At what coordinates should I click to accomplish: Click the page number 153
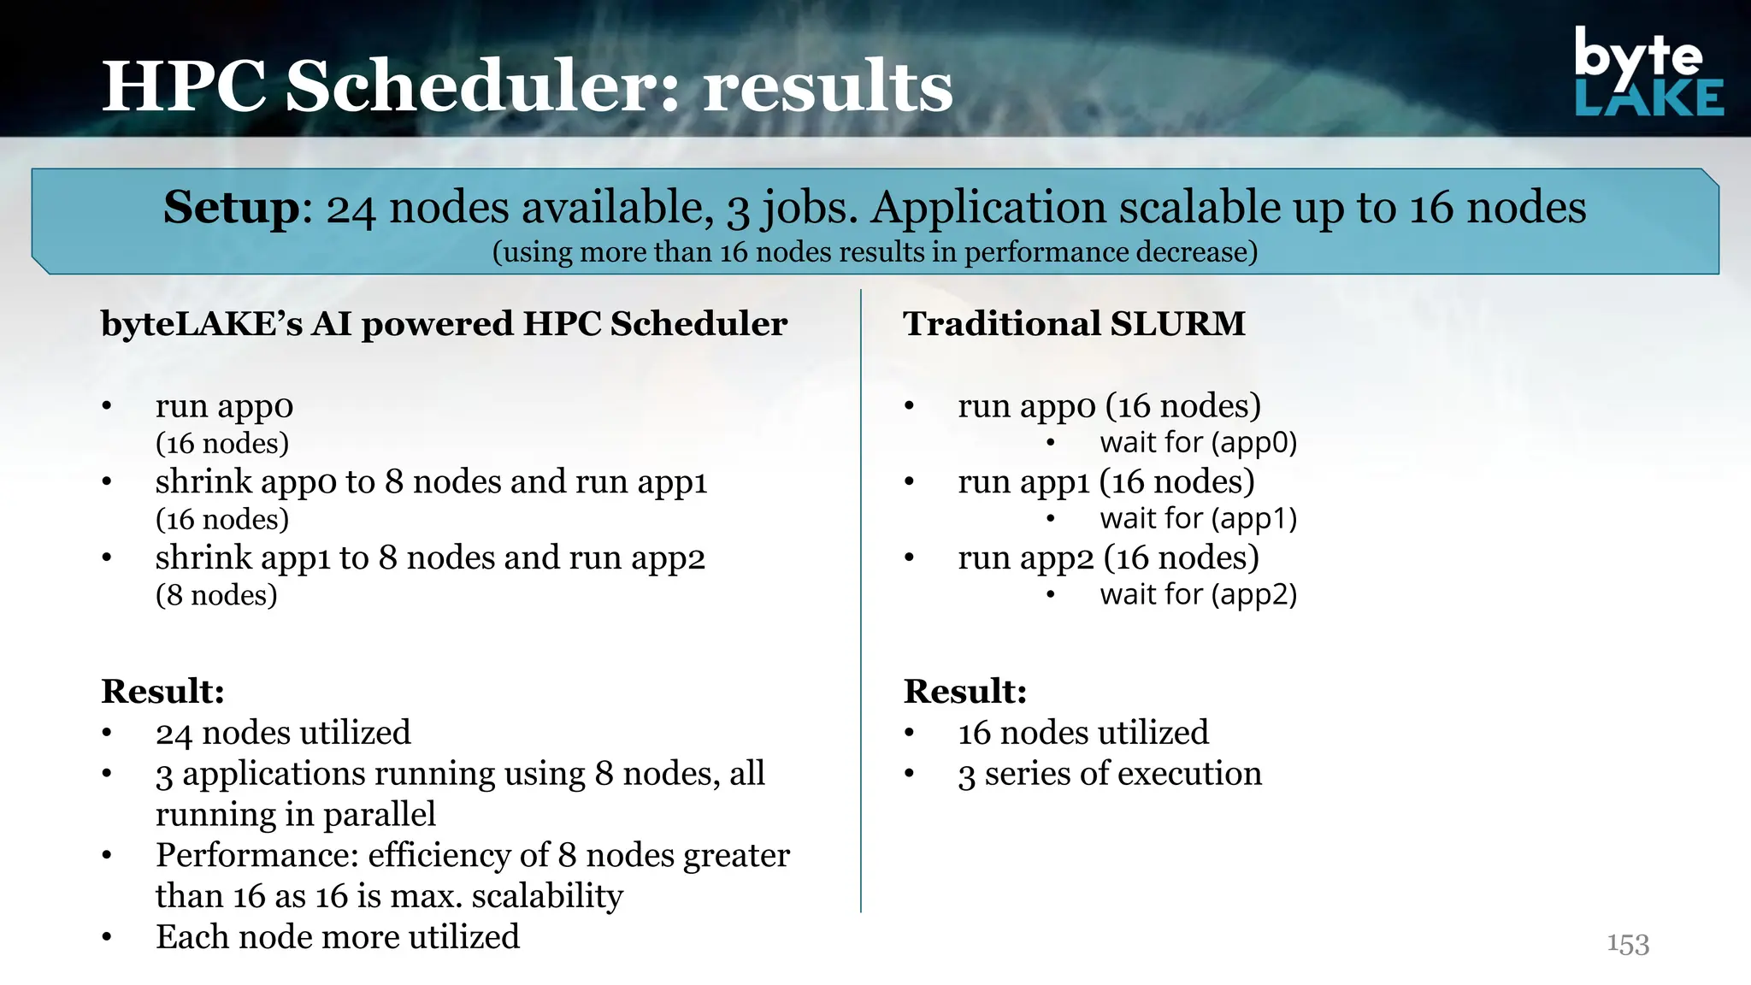click(x=1627, y=944)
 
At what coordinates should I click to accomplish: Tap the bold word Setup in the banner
click(x=231, y=208)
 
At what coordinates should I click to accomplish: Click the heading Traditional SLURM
click(x=1074, y=324)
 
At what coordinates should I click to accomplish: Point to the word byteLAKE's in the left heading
click(x=201, y=324)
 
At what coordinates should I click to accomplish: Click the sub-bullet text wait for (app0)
click(x=1198, y=443)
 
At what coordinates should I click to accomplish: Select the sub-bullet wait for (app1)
click(x=1198, y=519)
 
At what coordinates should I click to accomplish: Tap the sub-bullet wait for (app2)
click(x=1198, y=594)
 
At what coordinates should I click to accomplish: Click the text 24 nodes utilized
click(x=283, y=733)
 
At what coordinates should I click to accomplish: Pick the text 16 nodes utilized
click(x=1082, y=733)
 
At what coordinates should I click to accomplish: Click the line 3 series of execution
click(x=1109, y=774)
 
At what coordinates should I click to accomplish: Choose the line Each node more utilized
click(x=337, y=937)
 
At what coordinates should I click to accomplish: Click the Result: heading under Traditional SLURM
click(x=964, y=691)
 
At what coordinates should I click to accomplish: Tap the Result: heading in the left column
click(x=162, y=691)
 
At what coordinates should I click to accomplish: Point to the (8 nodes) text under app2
click(x=216, y=595)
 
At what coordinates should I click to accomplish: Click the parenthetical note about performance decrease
click(x=875, y=252)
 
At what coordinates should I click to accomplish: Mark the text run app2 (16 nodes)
click(x=1108, y=557)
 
